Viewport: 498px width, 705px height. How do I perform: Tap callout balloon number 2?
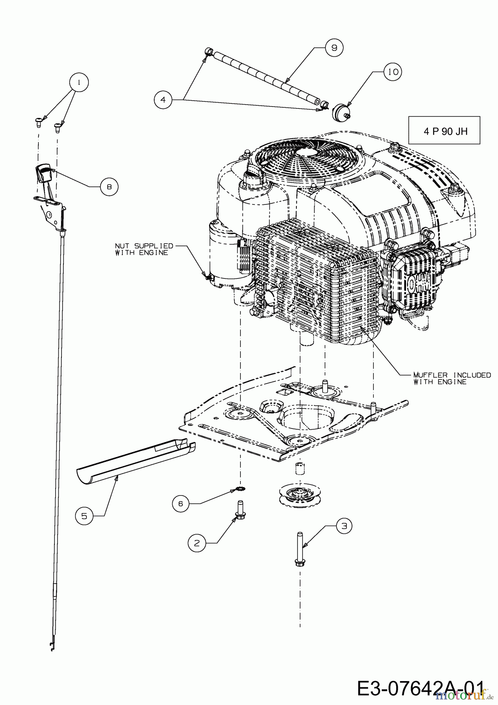pos(197,543)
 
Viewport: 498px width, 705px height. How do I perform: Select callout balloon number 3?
pos(343,526)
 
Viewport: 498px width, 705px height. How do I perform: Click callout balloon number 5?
pos(85,516)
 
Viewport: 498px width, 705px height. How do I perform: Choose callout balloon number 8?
pos(109,187)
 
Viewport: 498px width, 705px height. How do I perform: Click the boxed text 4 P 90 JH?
pos(444,130)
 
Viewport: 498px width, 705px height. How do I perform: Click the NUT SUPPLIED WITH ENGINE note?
pos(144,249)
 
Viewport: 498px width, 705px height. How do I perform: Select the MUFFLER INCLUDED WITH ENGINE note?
pos(452,378)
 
